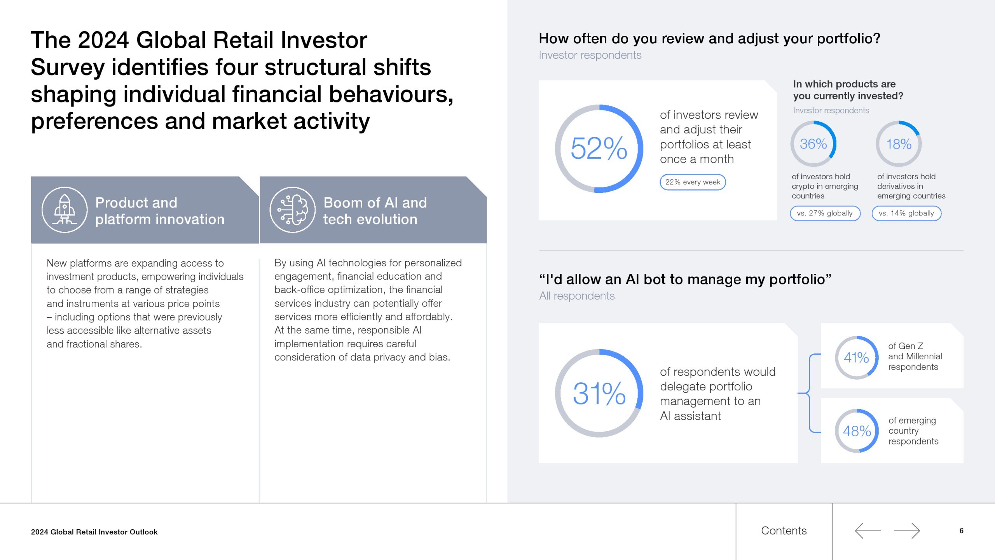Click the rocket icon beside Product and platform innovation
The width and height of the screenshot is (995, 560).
[x=65, y=210]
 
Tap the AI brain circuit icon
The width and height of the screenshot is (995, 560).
[x=293, y=210]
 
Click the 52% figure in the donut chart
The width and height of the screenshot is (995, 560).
[x=599, y=149]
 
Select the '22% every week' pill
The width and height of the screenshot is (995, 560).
[x=693, y=182]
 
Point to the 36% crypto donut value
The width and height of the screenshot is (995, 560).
[x=813, y=144]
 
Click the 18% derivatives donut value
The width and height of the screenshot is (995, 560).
[x=899, y=144]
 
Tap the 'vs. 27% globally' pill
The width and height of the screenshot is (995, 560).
[x=825, y=213]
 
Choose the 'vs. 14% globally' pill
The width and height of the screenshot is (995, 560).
[x=906, y=213]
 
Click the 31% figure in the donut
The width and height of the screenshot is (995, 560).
[x=599, y=394]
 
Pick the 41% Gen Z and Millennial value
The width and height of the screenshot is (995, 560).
[x=856, y=357]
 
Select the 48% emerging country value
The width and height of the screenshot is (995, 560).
[x=857, y=431]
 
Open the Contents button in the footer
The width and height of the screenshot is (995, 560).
[x=784, y=531]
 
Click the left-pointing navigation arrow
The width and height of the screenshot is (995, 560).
[x=868, y=531]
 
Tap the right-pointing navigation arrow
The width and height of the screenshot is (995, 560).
[x=907, y=531]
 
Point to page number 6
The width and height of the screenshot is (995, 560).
[x=961, y=531]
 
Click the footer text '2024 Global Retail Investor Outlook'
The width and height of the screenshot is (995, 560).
[x=94, y=532]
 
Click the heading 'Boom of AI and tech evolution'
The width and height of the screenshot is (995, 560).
[x=375, y=211]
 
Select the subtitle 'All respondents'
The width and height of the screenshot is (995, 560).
[x=577, y=296]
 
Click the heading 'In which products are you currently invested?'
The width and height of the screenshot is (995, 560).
[x=848, y=90]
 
